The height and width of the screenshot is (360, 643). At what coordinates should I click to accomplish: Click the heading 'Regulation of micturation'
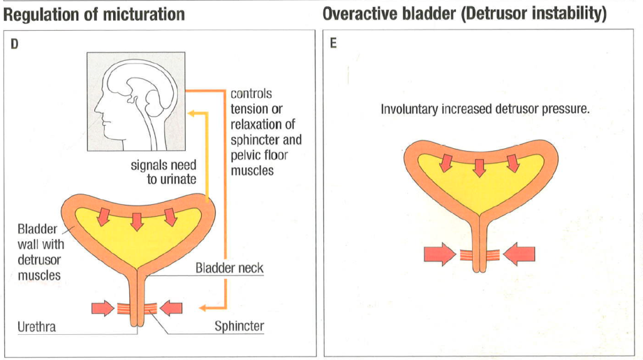[x=94, y=14]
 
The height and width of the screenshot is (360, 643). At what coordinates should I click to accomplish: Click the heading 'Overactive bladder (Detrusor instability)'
[x=465, y=14]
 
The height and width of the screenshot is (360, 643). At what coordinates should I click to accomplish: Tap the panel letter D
[x=14, y=44]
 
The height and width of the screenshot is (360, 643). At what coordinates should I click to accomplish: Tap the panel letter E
[x=333, y=43]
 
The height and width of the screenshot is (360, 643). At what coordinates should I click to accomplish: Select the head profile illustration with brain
[x=136, y=101]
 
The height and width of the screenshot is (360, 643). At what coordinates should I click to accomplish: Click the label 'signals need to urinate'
[x=164, y=172]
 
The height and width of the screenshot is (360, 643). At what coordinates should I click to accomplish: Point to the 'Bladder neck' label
[x=229, y=268]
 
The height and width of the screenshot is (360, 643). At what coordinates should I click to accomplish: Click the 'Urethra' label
[x=36, y=327]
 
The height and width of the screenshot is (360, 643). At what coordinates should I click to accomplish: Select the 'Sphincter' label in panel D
[x=239, y=326]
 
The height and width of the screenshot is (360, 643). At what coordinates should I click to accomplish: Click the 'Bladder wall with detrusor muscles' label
[x=41, y=252]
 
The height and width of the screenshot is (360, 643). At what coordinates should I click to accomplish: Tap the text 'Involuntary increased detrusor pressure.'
[x=485, y=109]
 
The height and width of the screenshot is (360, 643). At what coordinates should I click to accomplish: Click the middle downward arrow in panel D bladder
[x=137, y=222]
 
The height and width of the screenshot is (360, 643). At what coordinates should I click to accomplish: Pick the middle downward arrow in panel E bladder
[x=479, y=168]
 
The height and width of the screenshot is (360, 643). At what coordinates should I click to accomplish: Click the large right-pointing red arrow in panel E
[x=440, y=254]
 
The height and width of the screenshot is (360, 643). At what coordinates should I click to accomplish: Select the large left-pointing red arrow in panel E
[x=519, y=254]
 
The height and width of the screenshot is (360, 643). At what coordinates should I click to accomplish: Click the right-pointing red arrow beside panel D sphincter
[x=102, y=308]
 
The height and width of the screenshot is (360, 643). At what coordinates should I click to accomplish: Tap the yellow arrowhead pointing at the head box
[x=192, y=113]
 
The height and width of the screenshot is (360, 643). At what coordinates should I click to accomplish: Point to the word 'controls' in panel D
[x=251, y=94]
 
